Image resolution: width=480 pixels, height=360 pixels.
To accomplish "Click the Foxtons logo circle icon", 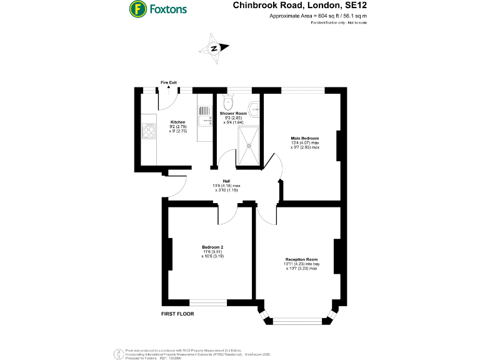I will (x=137, y=9).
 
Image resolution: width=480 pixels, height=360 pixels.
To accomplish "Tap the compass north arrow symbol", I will (x=214, y=48).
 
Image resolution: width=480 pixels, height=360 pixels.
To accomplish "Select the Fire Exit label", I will (x=169, y=82).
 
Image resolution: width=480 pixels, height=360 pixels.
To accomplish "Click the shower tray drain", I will (x=249, y=144).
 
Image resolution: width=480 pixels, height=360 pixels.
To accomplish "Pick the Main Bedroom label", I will (x=304, y=138).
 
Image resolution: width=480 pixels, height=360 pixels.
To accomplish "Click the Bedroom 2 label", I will (x=212, y=247).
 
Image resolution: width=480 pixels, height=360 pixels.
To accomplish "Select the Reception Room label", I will (x=302, y=259).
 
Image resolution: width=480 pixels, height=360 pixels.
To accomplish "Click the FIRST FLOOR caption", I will (x=178, y=313).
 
